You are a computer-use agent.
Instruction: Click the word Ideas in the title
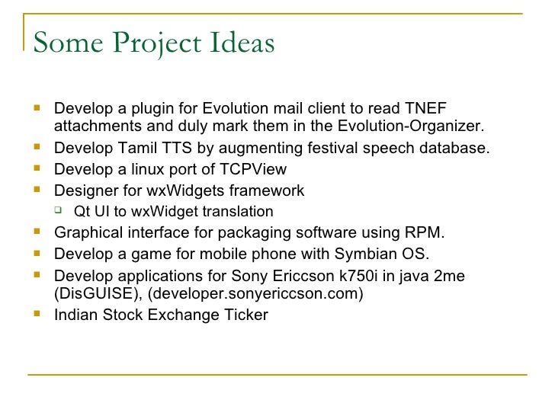click(237, 43)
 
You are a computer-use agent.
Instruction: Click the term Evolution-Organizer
click(411, 126)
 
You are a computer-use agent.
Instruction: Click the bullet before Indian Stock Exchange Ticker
click(37, 313)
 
